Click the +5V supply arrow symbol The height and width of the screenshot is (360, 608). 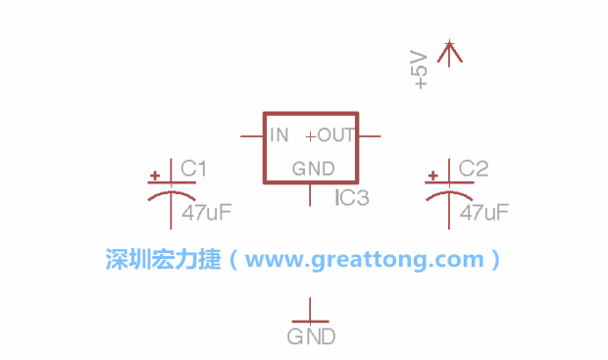coord(449,53)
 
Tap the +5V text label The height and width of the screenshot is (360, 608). coord(419,70)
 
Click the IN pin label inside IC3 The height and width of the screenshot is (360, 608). coord(279,135)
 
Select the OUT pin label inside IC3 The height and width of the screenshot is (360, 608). coord(335,135)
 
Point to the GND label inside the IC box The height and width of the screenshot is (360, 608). coord(313,169)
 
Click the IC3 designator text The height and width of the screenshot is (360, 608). coord(352,197)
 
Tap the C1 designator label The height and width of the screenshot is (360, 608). coord(193,169)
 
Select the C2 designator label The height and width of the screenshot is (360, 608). coord(474,169)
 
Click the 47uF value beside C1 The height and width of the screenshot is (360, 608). coord(207,212)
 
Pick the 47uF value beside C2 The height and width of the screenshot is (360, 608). coord(484,212)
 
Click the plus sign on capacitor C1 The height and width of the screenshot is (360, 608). coord(155,176)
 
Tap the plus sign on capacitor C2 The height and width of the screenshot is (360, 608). coord(432,176)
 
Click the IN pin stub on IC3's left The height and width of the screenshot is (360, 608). coord(252,136)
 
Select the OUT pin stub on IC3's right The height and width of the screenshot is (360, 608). coord(369,136)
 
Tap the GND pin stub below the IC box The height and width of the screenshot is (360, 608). coord(310,195)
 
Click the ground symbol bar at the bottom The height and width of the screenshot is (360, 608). coord(310,322)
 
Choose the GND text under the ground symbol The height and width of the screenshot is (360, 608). coord(311,336)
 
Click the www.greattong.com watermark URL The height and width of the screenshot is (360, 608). coord(365,259)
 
